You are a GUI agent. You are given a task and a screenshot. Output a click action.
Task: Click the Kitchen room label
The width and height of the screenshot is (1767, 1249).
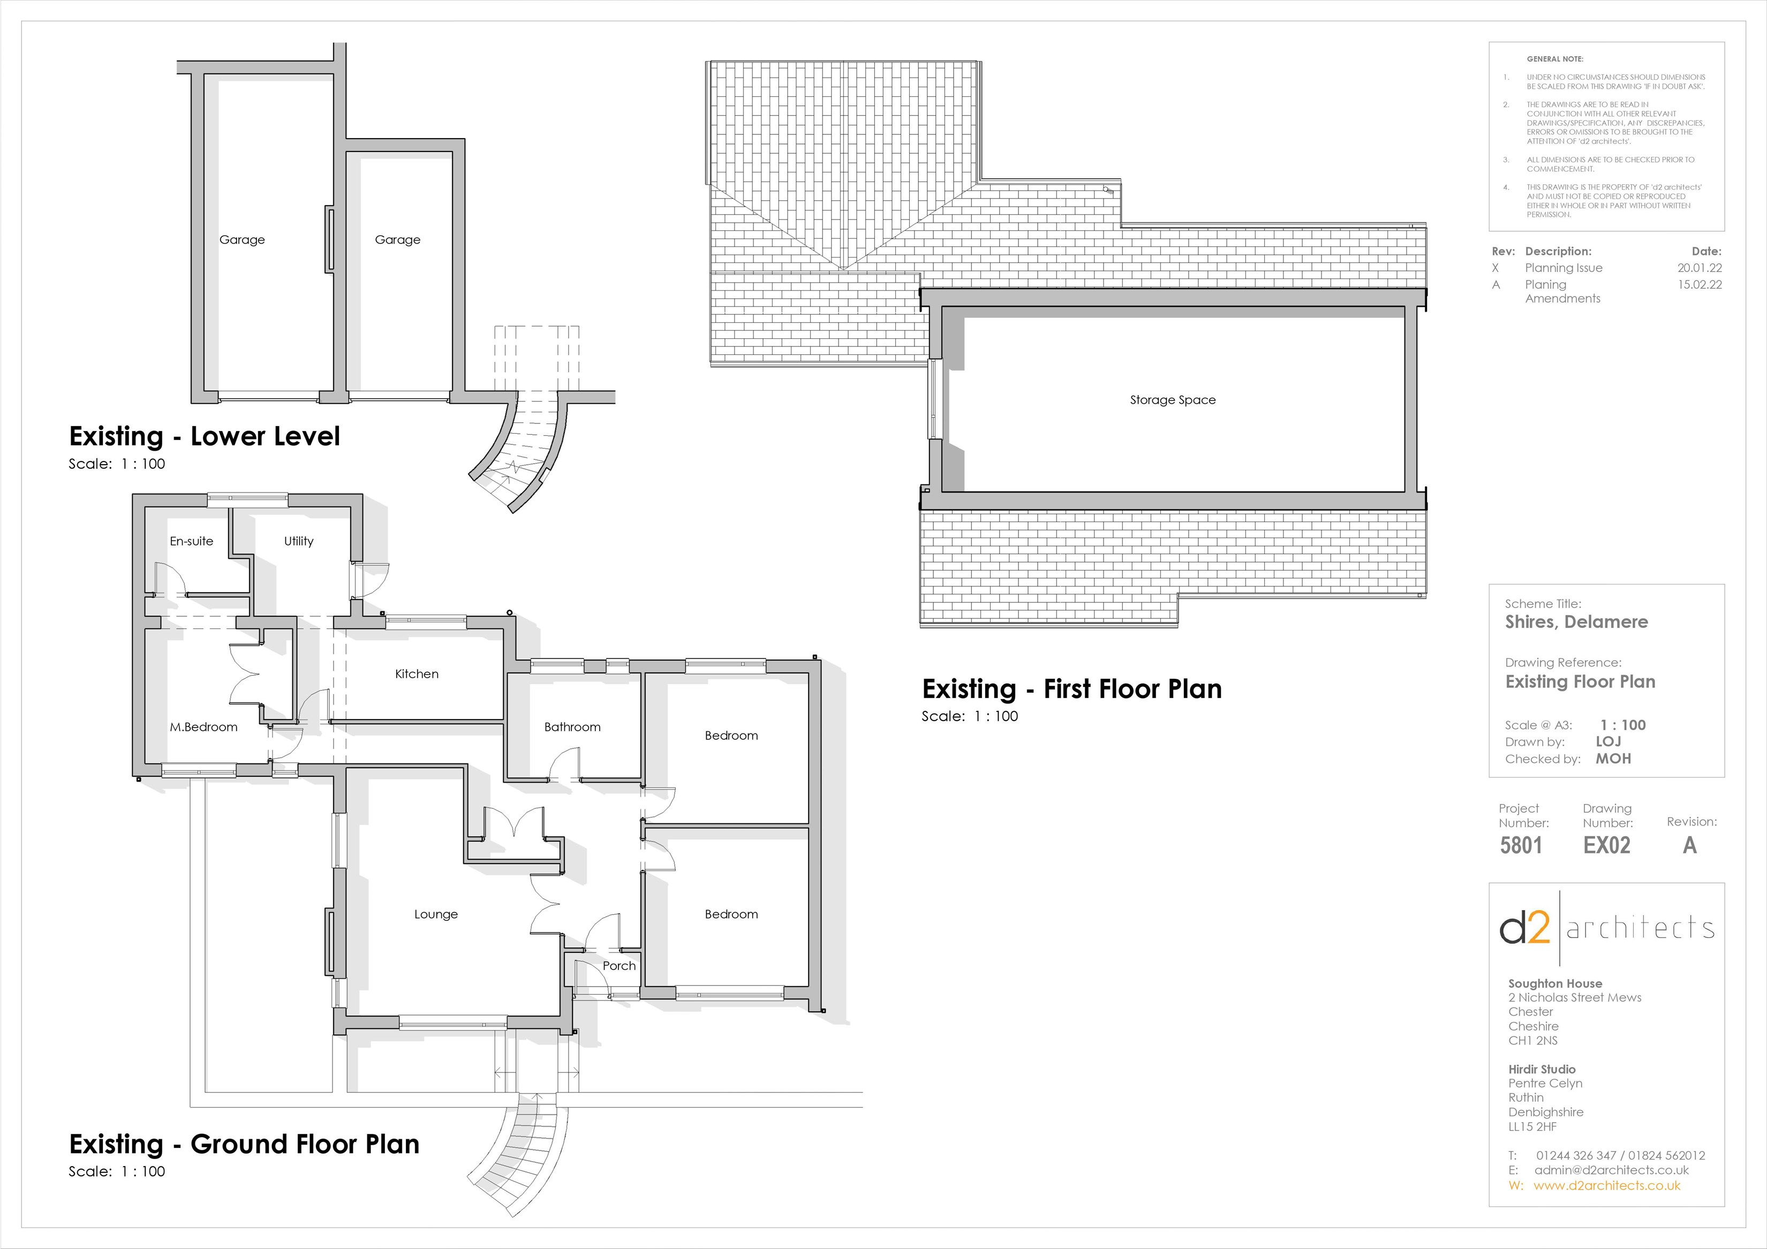click(x=417, y=674)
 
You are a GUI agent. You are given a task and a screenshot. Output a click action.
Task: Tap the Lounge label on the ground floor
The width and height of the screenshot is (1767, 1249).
click(x=436, y=914)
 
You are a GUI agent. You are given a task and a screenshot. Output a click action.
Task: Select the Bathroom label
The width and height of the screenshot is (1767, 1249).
click(x=572, y=727)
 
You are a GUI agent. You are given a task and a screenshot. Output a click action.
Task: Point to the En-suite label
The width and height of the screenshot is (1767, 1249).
click(x=191, y=542)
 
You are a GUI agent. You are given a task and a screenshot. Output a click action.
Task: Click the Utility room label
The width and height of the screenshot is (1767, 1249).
click(x=299, y=542)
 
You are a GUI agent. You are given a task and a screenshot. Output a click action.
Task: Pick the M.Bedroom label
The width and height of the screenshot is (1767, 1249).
click(x=203, y=727)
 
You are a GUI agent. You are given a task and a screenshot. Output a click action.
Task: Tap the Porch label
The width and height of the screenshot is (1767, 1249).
click(x=619, y=966)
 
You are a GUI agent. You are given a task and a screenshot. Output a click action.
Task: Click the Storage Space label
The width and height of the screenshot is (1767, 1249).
click(x=1172, y=400)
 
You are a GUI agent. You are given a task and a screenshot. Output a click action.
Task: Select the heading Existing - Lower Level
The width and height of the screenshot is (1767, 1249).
click(x=204, y=436)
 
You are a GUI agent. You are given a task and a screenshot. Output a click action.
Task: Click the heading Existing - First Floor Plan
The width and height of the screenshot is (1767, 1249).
click(x=1071, y=689)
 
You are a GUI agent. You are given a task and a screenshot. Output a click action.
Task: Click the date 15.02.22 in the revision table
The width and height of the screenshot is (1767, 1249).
click(x=1700, y=285)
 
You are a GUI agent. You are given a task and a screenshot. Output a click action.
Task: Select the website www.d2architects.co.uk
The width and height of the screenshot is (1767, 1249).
click(x=1606, y=1186)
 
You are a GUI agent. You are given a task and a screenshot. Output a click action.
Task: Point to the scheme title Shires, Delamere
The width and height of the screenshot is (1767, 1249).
click(x=1576, y=622)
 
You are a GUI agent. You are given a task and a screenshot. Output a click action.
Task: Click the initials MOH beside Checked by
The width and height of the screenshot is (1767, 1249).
click(x=1613, y=759)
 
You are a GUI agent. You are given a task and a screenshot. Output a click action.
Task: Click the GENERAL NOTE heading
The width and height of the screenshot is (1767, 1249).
click(x=1554, y=59)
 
